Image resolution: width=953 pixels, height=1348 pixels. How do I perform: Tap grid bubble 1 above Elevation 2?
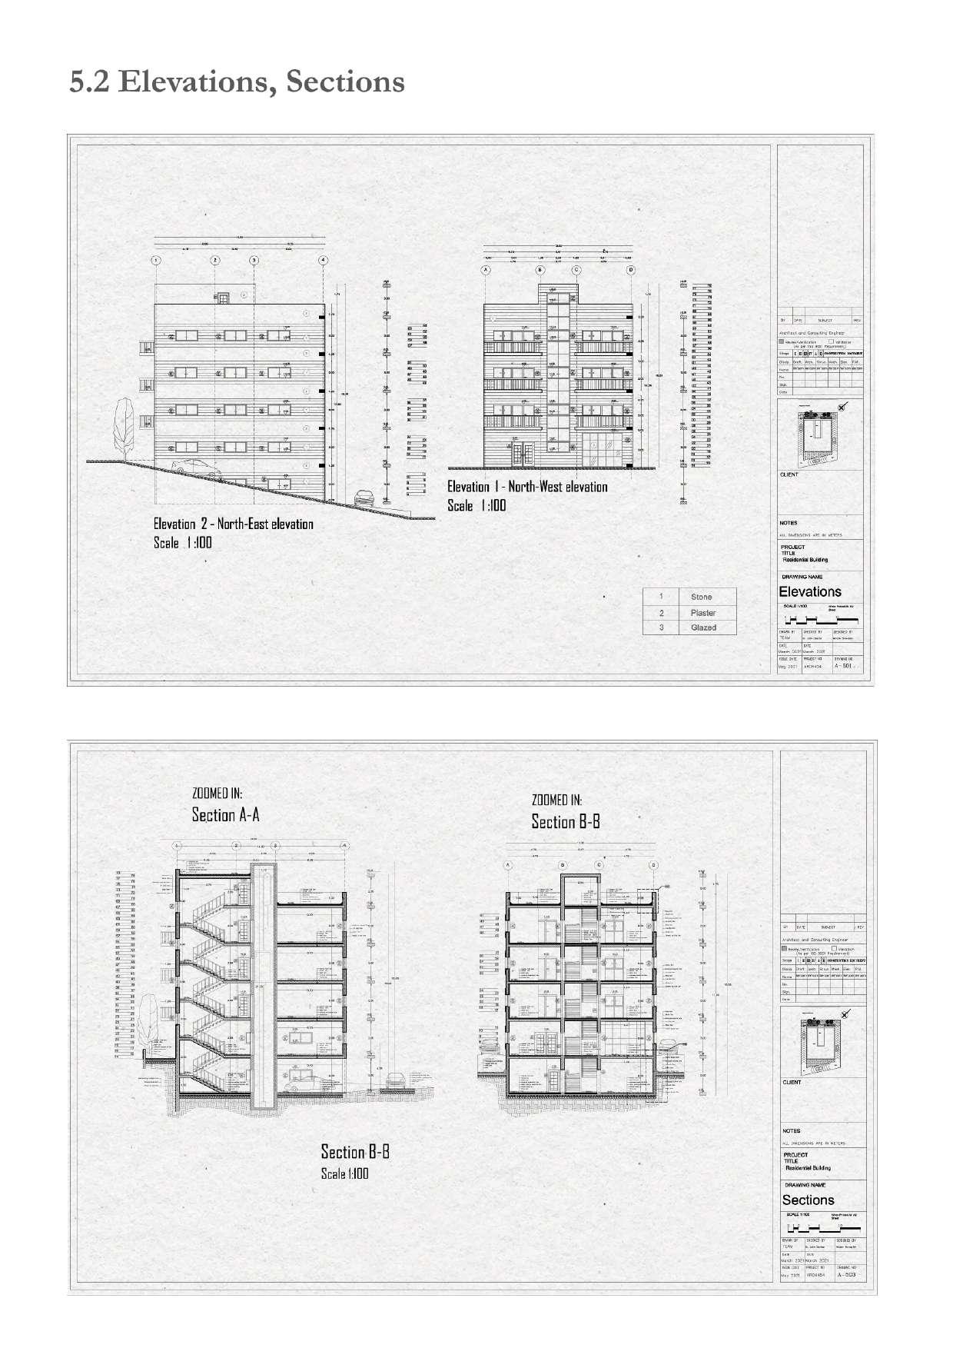[156, 261]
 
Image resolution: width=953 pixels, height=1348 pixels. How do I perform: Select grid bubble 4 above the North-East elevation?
[324, 261]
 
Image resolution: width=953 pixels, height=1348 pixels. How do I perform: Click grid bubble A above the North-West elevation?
[486, 270]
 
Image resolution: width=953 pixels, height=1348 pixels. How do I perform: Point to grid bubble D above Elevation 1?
[631, 270]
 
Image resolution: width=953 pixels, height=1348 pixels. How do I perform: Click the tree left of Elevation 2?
[122, 425]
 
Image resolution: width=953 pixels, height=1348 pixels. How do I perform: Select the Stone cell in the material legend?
[701, 597]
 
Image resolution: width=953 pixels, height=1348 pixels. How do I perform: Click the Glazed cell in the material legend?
[702, 627]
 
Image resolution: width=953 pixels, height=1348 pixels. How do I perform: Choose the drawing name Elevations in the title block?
[810, 592]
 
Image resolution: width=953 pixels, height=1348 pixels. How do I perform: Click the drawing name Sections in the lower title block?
[808, 1200]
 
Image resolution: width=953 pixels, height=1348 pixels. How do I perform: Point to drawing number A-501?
[844, 666]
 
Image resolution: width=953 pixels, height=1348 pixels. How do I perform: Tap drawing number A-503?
[846, 1274]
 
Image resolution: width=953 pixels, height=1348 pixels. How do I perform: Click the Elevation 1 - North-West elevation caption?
[527, 487]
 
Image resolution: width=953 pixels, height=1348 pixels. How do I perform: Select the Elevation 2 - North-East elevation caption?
[233, 524]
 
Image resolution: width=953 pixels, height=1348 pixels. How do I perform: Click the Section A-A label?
[225, 815]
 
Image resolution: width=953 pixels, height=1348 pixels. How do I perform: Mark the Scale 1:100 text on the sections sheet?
[344, 1173]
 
